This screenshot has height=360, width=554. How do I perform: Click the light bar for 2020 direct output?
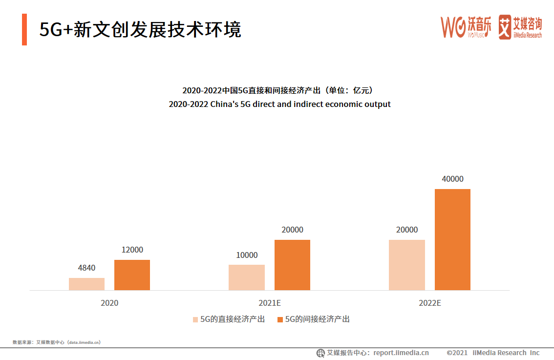(86, 284)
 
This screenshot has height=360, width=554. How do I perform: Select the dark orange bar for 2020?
(132, 275)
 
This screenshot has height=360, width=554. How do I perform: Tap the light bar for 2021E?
(246, 277)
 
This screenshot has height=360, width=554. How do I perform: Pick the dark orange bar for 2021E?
(292, 265)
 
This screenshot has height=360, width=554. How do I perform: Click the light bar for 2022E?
(406, 265)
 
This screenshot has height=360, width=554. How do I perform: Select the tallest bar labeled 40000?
(452, 239)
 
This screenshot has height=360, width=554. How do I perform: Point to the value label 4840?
(86, 268)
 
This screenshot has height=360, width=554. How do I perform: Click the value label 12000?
(132, 250)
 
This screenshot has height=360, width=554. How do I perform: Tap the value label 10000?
(246, 255)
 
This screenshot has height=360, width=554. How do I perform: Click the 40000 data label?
(452, 179)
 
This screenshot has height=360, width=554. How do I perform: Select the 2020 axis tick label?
(109, 303)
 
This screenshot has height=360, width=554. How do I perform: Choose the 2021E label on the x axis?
(269, 303)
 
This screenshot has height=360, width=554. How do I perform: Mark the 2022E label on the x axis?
(429, 303)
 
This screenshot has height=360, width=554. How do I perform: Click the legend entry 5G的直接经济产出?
(228, 319)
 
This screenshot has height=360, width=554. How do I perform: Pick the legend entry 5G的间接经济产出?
(313, 319)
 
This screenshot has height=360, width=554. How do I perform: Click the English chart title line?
(279, 104)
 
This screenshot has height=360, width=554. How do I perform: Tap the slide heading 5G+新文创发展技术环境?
(140, 30)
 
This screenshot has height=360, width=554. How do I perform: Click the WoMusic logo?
(466, 27)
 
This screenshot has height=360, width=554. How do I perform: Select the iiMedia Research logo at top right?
(520, 27)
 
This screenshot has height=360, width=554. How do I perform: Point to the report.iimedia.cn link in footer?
(401, 353)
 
